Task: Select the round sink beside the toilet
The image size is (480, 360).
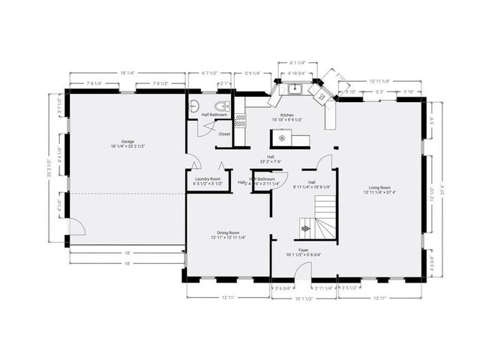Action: point(193,106)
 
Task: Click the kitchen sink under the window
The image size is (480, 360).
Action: point(296,89)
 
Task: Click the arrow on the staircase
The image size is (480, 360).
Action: point(305,227)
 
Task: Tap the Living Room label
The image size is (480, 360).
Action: point(379,187)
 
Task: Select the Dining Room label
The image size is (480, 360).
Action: point(228,233)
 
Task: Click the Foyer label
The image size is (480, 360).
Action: point(304,250)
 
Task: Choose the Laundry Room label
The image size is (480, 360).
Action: point(207,178)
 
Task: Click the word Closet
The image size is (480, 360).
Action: point(224,133)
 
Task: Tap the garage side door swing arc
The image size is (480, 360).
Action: point(76,225)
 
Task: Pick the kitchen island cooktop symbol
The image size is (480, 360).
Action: point(282,138)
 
